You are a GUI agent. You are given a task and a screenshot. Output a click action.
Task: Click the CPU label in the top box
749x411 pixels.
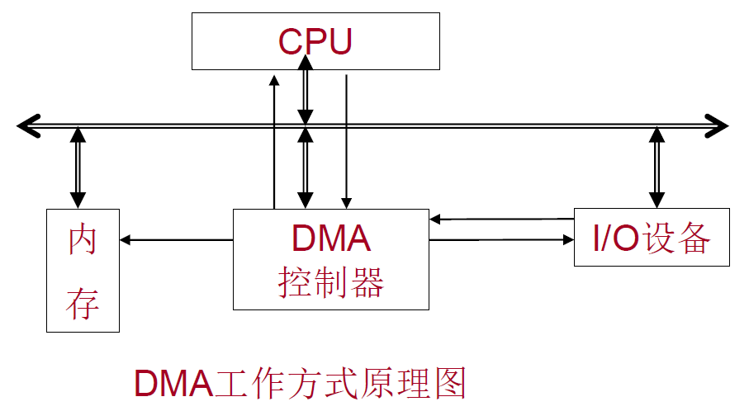pyautogui.click(x=315, y=40)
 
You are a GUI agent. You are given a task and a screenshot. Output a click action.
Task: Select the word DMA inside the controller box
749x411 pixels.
pyautogui.click(x=330, y=239)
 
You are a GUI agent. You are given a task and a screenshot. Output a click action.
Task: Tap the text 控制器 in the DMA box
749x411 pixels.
pyautogui.click(x=330, y=283)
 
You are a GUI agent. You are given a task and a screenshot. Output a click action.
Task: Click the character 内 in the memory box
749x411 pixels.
pyautogui.click(x=83, y=240)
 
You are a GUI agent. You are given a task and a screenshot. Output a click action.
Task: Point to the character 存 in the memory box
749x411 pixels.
pyautogui.click(x=83, y=303)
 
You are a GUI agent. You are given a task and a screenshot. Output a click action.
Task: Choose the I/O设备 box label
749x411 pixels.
pyautogui.click(x=652, y=239)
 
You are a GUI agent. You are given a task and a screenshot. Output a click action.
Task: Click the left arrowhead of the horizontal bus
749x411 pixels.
pyautogui.click(x=26, y=125)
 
